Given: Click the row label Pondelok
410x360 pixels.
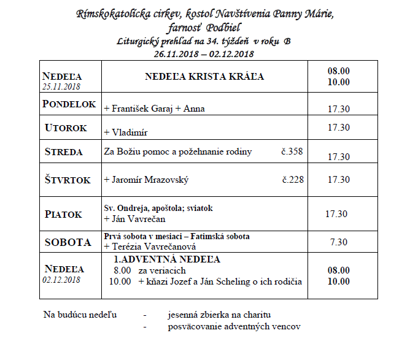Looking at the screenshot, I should coord(69,104).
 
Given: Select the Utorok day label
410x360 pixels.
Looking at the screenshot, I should coord(66,128).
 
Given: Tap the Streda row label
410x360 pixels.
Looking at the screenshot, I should coord(64,151).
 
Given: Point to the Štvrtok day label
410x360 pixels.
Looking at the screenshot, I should coord(68,180).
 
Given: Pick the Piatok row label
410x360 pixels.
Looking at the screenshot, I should coord(63,214).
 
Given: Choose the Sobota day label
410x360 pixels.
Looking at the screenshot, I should coord(68,242).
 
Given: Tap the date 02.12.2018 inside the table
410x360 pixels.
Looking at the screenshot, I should coord(61,280).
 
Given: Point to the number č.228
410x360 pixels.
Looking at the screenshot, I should coord(293,180).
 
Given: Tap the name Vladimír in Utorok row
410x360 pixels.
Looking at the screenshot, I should coord(130,132).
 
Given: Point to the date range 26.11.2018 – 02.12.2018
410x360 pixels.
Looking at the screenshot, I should coord(205,53).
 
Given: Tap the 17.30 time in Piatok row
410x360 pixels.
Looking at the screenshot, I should coord(336,214).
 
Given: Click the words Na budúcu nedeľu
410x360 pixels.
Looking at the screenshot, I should coord(80,315).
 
